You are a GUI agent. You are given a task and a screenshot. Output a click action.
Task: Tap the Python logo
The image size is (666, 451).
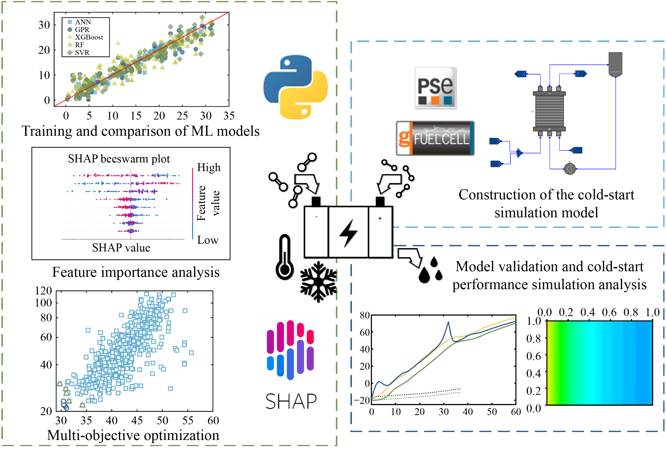pyautogui.click(x=296, y=87)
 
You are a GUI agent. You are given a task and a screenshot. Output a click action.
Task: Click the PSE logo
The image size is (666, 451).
pyautogui.click(x=435, y=88)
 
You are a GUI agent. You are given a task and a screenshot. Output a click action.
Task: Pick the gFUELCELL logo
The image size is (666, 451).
pyautogui.click(x=435, y=139)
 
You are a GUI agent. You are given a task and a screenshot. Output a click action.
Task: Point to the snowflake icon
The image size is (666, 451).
pyautogui.click(x=318, y=282)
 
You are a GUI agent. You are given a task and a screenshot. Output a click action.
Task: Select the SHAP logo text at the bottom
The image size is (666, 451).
pyautogui.click(x=291, y=401)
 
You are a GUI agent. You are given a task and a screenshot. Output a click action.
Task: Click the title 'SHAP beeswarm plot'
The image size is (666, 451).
pyautogui.click(x=119, y=159)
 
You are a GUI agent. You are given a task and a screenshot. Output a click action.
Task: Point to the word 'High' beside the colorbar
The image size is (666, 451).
pyautogui.click(x=209, y=168)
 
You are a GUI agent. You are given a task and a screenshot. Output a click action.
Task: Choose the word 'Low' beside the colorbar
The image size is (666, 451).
pyautogui.click(x=208, y=240)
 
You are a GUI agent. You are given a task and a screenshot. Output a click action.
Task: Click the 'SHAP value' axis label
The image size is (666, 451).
pyautogui.click(x=121, y=248)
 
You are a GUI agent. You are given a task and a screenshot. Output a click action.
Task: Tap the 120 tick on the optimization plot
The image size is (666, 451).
pyautogui.click(x=44, y=291)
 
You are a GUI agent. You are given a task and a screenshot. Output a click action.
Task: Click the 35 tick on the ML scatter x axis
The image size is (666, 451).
pyautogui.click(x=229, y=116)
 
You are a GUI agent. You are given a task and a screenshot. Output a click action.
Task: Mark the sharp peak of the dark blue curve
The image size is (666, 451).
pyautogui.click(x=448, y=322)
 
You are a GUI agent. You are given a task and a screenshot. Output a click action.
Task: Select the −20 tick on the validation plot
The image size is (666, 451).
pyautogui.click(x=362, y=400)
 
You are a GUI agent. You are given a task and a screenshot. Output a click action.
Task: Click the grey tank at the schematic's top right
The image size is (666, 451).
pyautogui.click(x=615, y=64)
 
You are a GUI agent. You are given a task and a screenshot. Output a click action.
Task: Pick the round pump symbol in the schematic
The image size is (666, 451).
pyautogui.click(x=570, y=169)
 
